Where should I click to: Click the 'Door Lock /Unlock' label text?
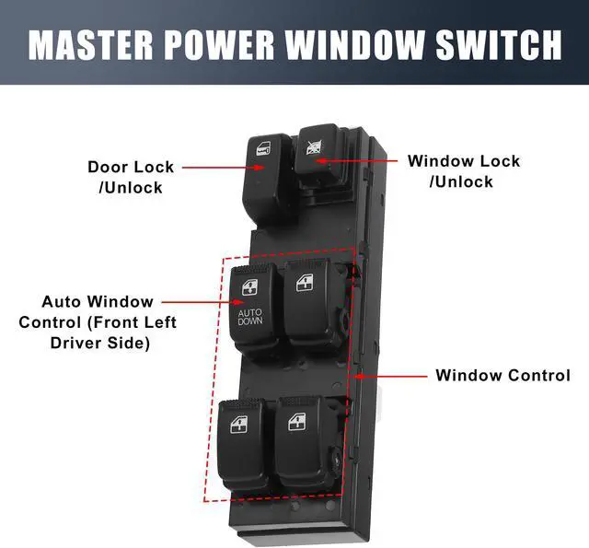(x=130, y=177)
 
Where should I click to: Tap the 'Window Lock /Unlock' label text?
(x=463, y=171)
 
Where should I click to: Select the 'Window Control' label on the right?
(x=502, y=376)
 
